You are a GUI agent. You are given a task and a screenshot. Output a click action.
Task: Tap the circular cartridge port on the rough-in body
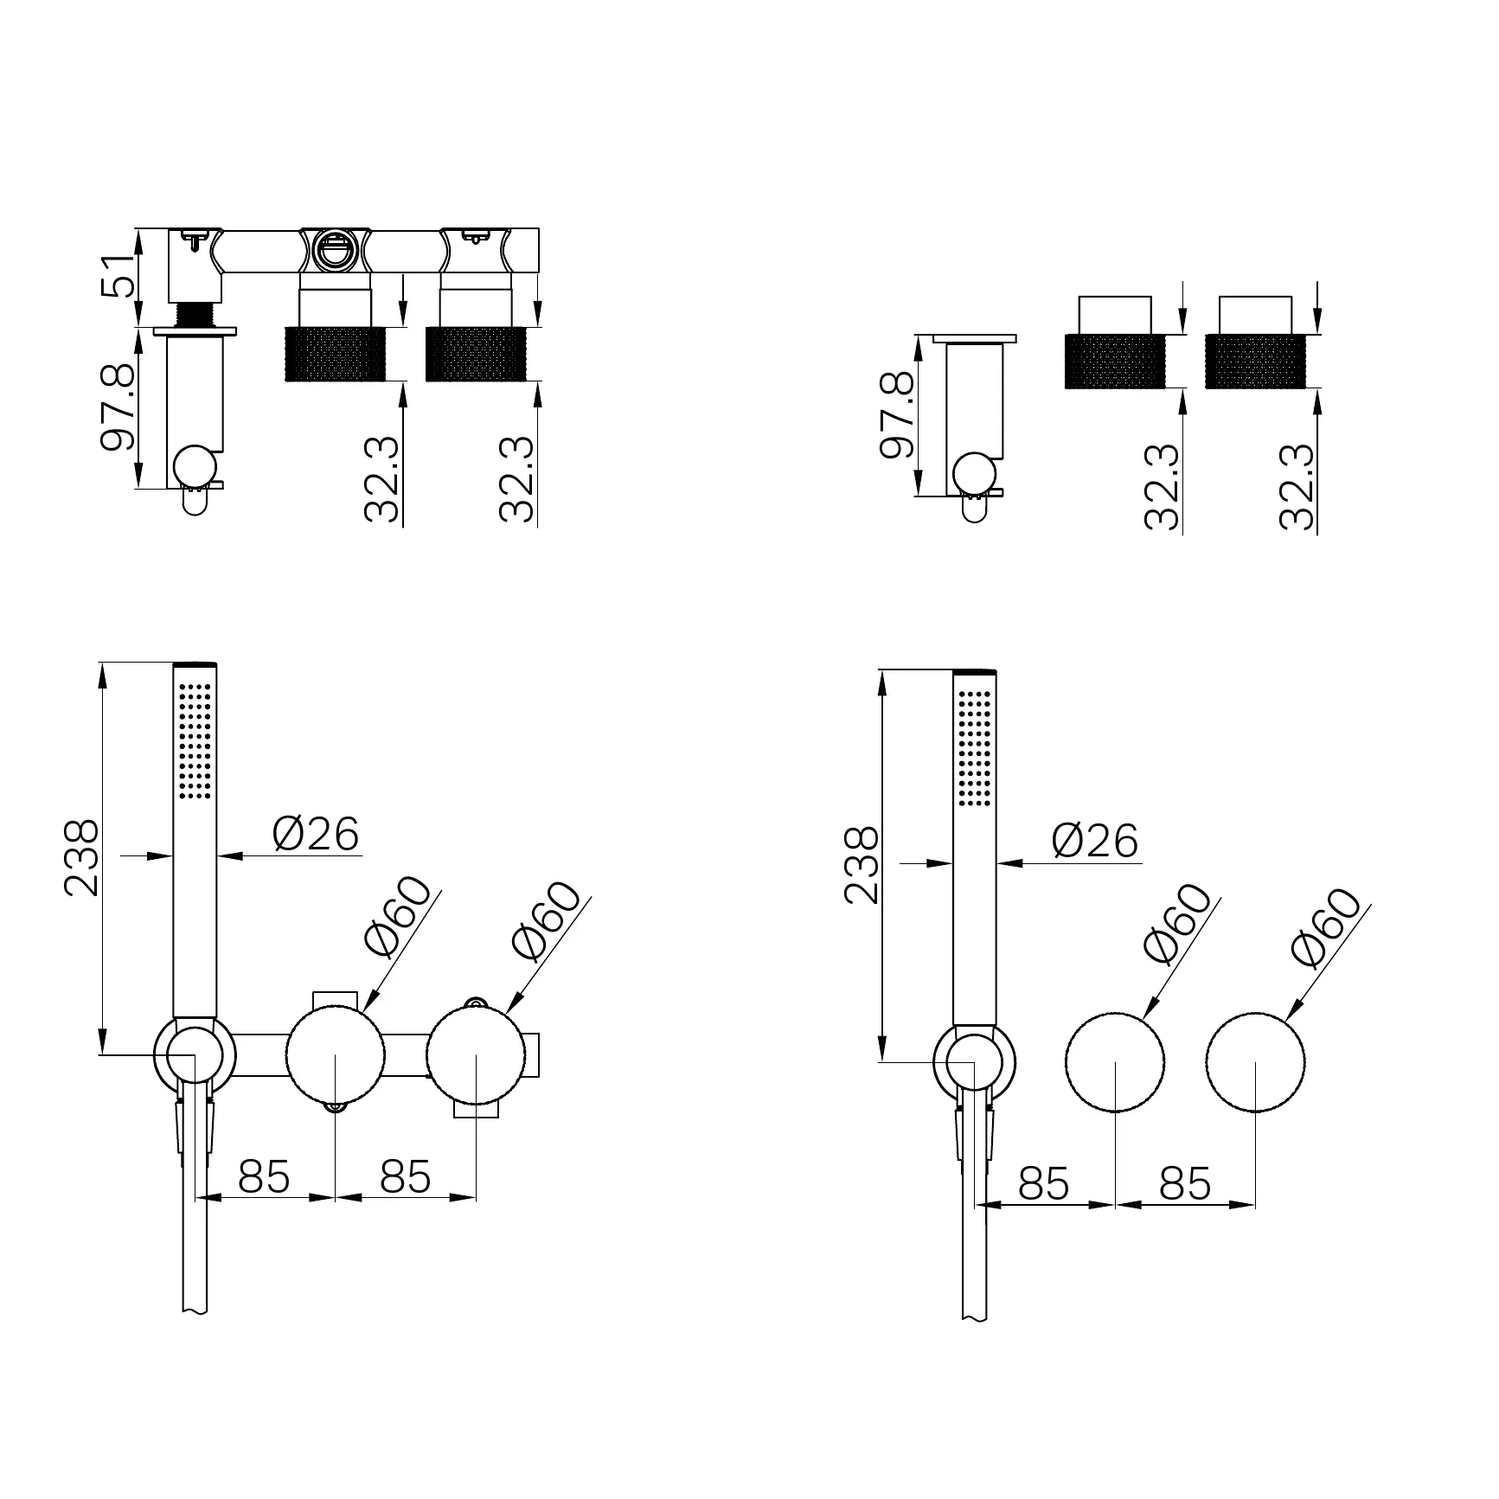334,250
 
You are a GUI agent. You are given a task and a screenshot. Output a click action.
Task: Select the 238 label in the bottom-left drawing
83,858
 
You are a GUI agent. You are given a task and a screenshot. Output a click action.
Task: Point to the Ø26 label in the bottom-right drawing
1095,841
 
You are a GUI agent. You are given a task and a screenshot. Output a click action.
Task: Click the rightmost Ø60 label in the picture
1325,926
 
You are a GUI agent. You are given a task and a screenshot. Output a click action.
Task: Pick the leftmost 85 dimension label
264,1176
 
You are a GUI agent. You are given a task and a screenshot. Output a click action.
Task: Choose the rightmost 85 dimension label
1185,1183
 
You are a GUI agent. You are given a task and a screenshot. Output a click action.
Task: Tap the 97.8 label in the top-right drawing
897,414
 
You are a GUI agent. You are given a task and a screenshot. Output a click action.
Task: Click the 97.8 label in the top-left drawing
118,407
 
